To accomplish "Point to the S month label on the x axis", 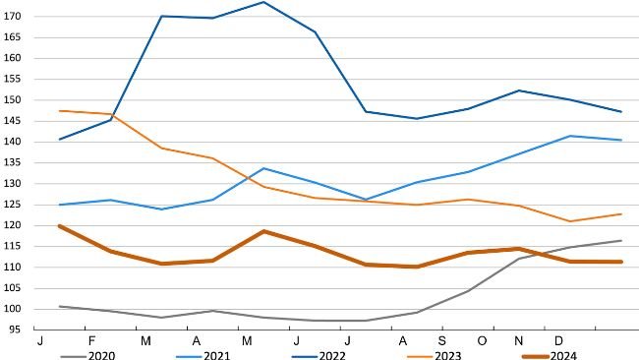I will pos(441,339).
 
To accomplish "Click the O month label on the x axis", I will pos(482,339).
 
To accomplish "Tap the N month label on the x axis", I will pos(519,339).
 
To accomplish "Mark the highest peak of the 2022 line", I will pos(263,2).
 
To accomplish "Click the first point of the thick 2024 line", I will pos(60,226).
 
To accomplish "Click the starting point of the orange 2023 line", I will pos(60,110).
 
